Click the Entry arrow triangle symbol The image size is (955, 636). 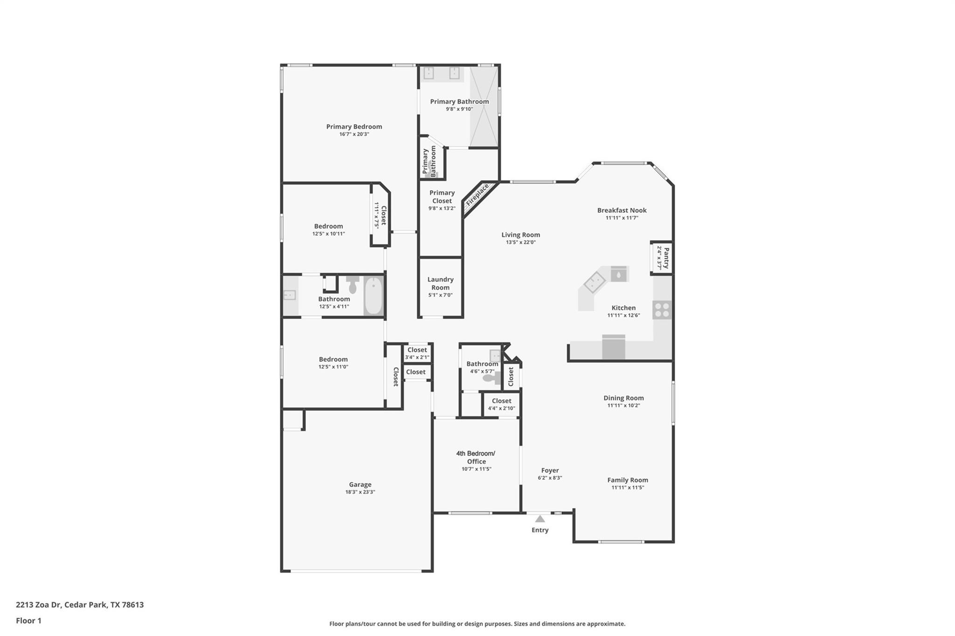click(540, 518)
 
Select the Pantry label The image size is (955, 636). click(666, 258)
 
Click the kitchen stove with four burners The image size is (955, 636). click(662, 310)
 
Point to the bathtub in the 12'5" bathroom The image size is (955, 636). click(373, 296)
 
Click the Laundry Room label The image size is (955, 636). click(440, 283)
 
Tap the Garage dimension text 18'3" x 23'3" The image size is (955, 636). click(360, 492)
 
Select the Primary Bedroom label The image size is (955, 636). click(354, 126)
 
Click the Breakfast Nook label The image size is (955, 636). click(622, 210)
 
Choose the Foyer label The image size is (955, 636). click(550, 470)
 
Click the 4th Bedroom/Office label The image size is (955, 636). click(475, 457)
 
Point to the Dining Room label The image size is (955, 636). click(623, 398)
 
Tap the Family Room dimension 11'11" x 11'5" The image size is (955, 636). click(628, 487)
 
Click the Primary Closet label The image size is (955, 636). click(442, 197)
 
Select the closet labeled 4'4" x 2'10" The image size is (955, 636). click(501, 404)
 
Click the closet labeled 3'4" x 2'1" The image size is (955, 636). click(417, 353)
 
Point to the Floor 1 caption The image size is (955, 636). click(28, 621)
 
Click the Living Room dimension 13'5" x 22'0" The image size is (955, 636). click(520, 242)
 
